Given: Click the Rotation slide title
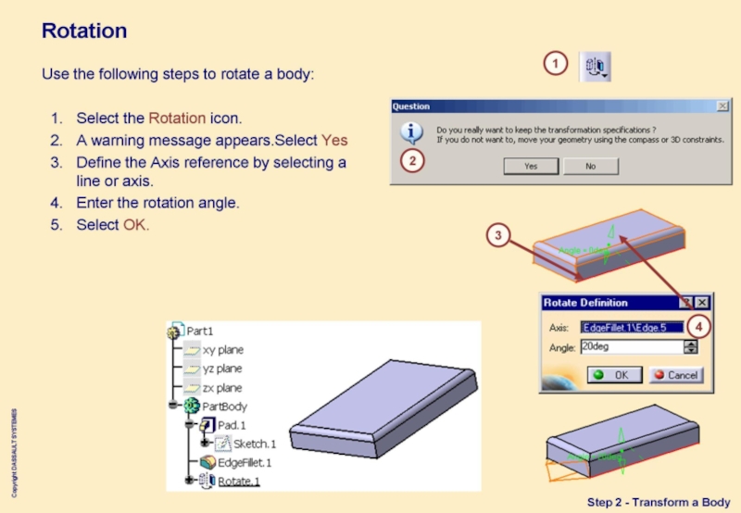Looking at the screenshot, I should point(84,31).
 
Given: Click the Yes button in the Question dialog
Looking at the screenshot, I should point(530,167).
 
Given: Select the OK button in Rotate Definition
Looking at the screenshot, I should point(610,375).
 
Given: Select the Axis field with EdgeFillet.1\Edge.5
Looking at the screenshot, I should point(631,327).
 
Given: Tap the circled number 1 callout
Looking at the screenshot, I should point(555,64).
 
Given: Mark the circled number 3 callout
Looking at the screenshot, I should point(498,236).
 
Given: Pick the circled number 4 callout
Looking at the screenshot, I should point(700,326).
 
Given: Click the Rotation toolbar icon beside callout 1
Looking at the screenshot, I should point(595,66).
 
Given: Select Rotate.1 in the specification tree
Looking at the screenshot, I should point(239,481).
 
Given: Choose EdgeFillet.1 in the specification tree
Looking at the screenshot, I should point(245,462).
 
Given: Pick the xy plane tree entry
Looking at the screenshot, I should point(222,350).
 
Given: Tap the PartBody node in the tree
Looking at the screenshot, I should point(224,407).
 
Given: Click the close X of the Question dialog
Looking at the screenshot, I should point(722,106).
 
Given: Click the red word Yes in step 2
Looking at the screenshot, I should point(334,141).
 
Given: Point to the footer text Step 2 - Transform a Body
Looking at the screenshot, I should point(658,502).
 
